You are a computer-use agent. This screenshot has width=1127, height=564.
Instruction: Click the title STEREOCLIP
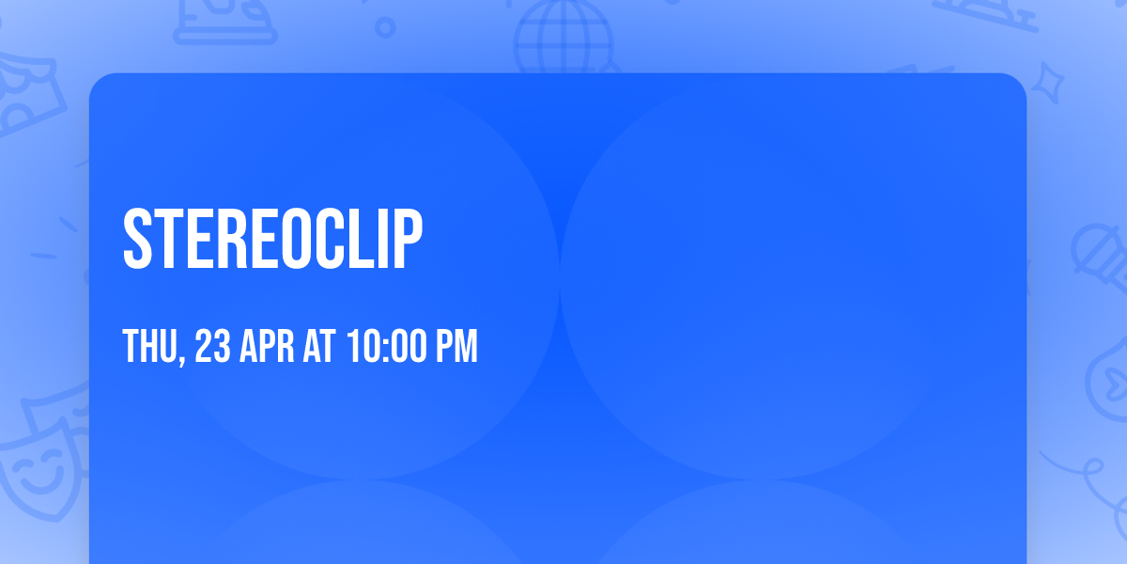(272, 239)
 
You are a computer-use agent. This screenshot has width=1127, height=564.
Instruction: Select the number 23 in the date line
(212, 346)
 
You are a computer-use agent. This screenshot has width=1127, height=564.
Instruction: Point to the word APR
(267, 346)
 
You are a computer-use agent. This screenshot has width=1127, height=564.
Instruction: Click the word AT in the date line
(319, 346)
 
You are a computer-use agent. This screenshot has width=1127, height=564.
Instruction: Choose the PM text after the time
(456, 346)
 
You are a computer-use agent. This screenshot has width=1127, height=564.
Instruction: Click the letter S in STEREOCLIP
(137, 239)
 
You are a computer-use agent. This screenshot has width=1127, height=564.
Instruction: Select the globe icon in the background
(563, 38)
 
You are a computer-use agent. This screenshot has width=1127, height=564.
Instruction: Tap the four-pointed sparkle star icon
(1048, 83)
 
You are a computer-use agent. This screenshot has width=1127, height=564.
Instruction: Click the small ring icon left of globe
(385, 27)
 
